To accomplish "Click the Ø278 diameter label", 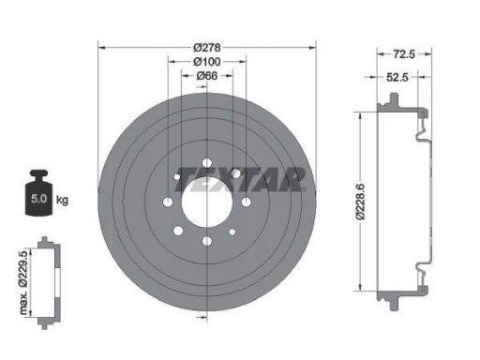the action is (x=207, y=48).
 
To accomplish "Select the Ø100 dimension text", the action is (x=207, y=62).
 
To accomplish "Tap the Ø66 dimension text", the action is (x=207, y=76).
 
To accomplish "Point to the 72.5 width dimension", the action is (x=403, y=54).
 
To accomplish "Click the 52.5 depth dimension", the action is (x=397, y=77).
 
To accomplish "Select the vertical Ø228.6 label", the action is (x=360, y=202).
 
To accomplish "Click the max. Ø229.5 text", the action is (x=24, y=282).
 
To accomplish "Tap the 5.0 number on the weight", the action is (x=38, y=199).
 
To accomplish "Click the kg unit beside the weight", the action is (x=62, y=200).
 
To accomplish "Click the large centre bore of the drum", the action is (x=207, y=202).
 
